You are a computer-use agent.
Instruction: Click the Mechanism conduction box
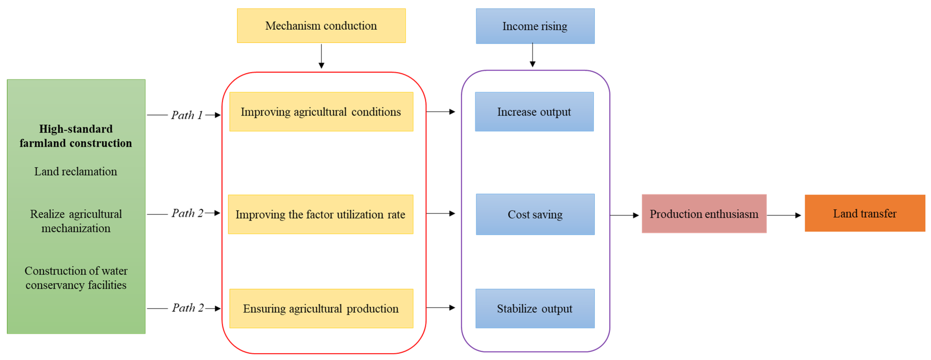pyautogui.click(x=321, y=26)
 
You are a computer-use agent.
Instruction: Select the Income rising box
pyautogui.click(x=535, y=26)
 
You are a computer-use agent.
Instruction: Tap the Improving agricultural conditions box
pyautogui.click(x=321, y=112)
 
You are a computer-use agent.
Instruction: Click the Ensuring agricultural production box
pyautogui.click(x=321, y=308)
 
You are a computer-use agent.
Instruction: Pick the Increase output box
pyautogui.click(x=534, y=112)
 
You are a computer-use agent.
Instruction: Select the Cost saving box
pyautogui.click(x=535, y=214)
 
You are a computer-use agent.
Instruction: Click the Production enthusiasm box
pyautogui.click(x=704, y=214)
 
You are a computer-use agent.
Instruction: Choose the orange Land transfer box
pyautogui.click(x=864, y=213)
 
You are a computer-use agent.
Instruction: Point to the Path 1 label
pyautogui.click(x=187, y=115)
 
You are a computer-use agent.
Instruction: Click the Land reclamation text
pyautogui.click(x=75, y=171)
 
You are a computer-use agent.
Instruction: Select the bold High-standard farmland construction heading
pyautogui.click(x=75, y=136)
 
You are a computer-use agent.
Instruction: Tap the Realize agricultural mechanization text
pyautogui.click(x=75, y=221)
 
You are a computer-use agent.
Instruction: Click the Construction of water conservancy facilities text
pyautogui.click(x=75, y=278)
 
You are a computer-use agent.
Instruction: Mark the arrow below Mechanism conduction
pyautogui.click(x=321, y=56)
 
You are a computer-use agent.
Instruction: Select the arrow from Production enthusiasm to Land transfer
pyautogui.click(x=784, y=215)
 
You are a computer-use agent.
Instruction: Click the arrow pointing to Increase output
pyautogui.click(x=441, y=112)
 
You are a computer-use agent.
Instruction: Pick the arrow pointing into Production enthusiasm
pyautogui.click(x=624, y=215)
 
